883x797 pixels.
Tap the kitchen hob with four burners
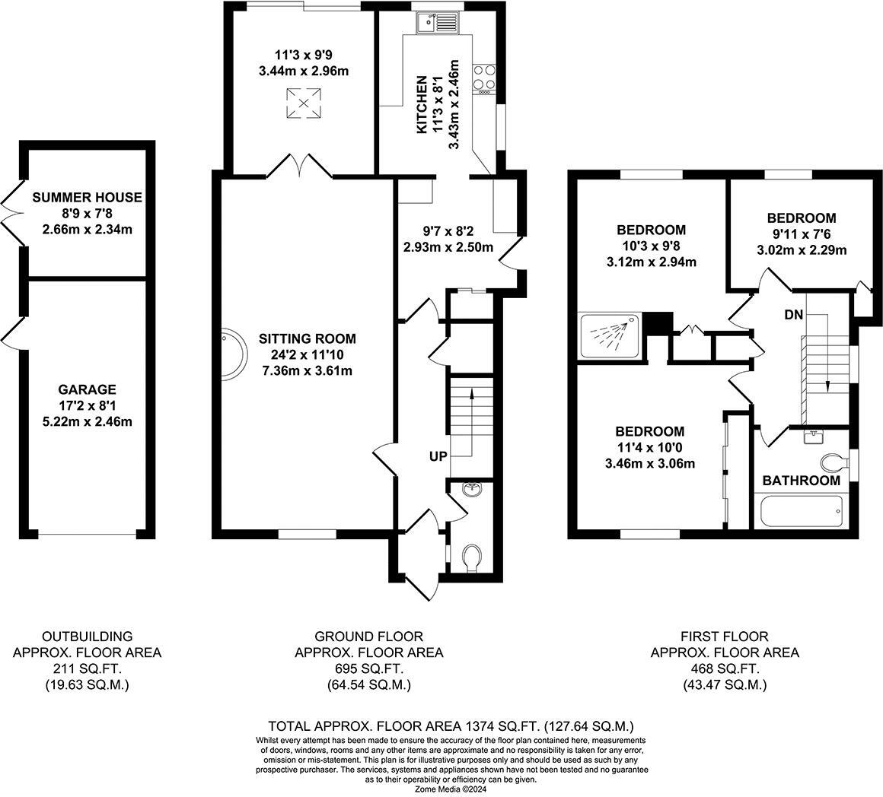[483, 77]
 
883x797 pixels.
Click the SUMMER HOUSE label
[87, 198]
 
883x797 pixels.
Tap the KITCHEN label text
[423, 106]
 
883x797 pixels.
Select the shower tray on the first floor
[610, 335]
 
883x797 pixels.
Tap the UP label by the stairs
[438, 456]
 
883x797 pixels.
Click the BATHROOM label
[801, 481]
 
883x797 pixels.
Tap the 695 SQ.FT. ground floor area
[368, 668]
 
